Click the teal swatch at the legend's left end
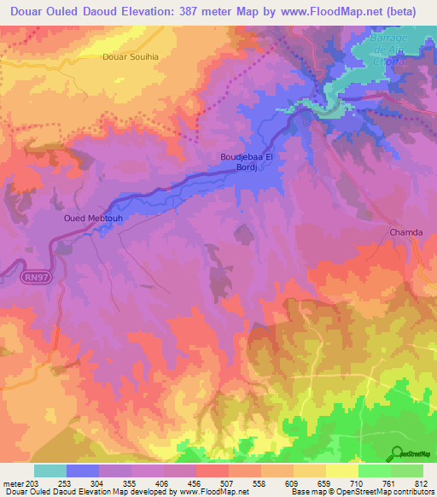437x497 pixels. [x=50, y=471]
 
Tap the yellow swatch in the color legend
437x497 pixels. [x=341, y=471]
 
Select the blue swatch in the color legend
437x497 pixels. [x=83, y=471]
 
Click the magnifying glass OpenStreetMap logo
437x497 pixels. [x=397, y=453]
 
